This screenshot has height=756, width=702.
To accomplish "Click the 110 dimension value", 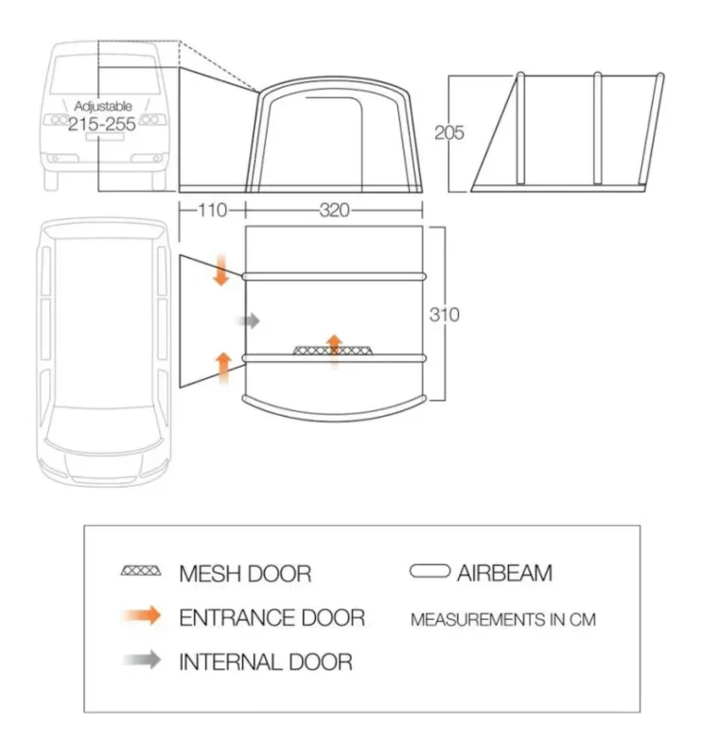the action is [213, 210].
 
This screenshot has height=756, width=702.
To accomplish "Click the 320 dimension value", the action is [335, 210].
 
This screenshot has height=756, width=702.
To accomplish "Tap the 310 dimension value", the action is [445, 315].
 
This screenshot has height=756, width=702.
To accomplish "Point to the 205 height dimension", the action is [449, 132].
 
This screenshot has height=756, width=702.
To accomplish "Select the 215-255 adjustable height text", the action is [102, 124].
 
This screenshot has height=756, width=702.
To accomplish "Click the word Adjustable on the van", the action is [103, 106].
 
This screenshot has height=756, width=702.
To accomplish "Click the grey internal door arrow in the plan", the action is [248, 320].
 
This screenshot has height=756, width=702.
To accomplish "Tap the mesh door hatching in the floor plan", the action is [333, 350].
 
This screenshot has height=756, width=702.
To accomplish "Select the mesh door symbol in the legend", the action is [141, 571].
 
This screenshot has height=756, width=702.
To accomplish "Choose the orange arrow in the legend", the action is [142, 616].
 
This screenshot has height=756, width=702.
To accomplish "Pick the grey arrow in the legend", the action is [142, 660].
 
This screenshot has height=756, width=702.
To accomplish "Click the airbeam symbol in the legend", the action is [430, 572].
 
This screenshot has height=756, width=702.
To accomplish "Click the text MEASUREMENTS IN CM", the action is [503, 620].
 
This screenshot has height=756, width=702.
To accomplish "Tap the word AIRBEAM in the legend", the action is [504, 574].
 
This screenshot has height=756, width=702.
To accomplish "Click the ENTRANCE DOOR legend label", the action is [272, 618].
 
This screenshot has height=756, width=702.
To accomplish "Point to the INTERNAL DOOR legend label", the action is [266, 662].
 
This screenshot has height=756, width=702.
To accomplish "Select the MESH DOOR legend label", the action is [245, 574].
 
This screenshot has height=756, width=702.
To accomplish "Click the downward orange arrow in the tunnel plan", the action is [221, 270].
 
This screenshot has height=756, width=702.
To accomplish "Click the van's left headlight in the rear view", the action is [57, 120].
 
